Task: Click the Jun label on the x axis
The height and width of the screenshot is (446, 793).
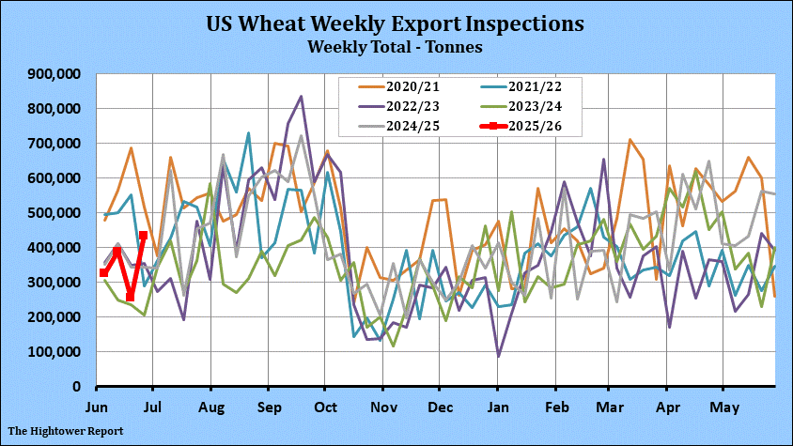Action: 97,408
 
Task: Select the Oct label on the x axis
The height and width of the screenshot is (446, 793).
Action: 324,408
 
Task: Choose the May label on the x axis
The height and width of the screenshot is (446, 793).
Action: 723,408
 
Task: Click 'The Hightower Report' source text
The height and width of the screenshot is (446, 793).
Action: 60,430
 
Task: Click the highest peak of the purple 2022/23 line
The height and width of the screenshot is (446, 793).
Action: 301,96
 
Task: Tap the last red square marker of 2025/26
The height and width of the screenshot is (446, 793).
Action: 143,236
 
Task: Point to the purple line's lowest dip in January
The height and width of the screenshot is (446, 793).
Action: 498,356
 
